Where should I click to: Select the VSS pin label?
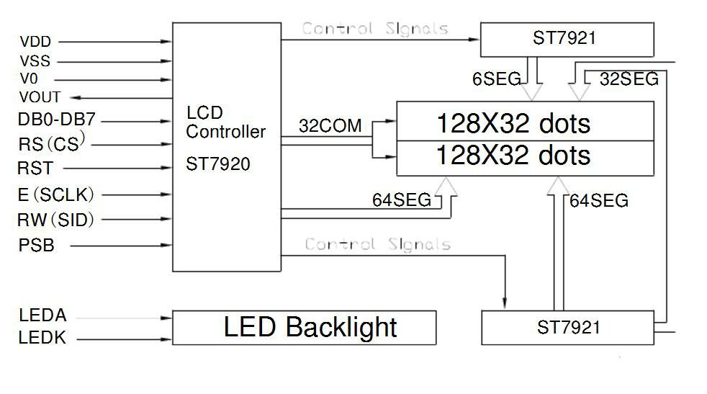tap(35, 62)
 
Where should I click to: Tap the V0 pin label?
tap(29, 79)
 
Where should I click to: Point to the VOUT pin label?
tap(40, 97)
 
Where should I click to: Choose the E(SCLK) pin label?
tap(56, 194)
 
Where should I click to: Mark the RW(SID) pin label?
tap(56, 220)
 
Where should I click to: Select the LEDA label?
tap(42, 315)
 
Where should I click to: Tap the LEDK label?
tap(42, 337)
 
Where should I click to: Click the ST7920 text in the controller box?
tap(218, 165)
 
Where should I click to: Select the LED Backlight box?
tap(303, 328)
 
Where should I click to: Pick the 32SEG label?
tap(629, 80)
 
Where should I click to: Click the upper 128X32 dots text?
tap(513, 124)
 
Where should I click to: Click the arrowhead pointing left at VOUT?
tap(77, 97)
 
